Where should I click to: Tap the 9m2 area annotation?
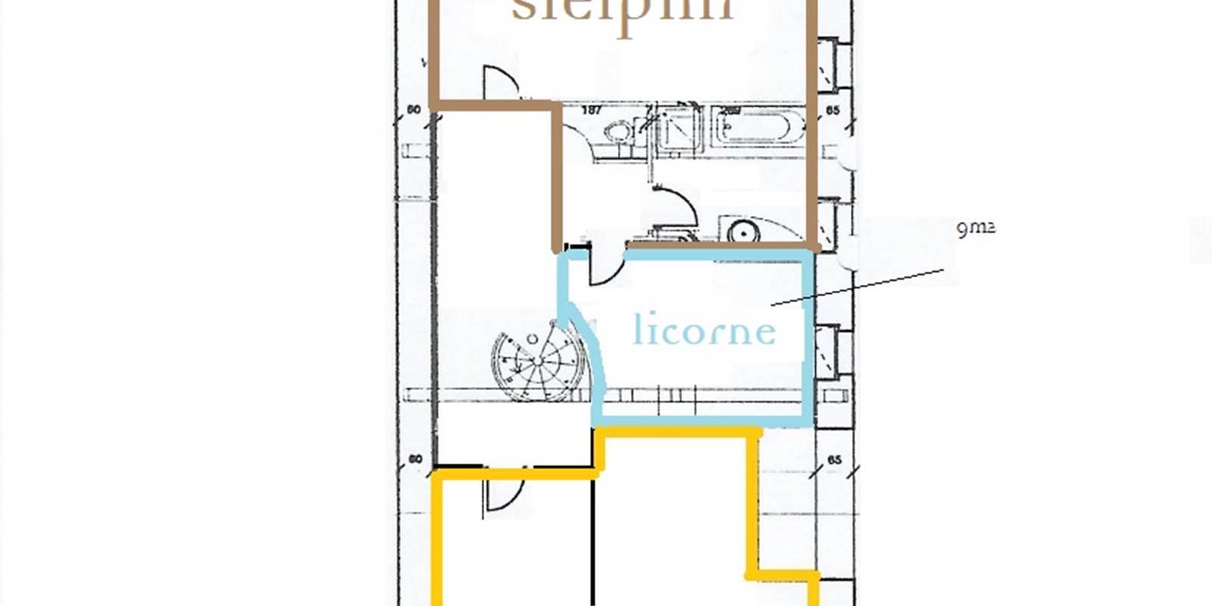975,227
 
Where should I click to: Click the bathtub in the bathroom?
757,127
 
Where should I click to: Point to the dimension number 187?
592,111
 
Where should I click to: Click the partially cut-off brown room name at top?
623,11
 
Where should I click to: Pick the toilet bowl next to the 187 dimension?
620,133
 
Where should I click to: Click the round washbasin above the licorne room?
744,231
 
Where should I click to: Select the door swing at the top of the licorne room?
606,269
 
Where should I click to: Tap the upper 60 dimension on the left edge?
414,110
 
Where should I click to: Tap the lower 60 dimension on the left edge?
414,460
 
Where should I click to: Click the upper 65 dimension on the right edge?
833,111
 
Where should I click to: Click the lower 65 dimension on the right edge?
834,460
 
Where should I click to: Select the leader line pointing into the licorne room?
856,288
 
